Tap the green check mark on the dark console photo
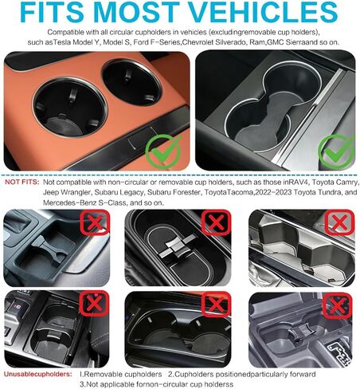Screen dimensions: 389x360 pos(335,148)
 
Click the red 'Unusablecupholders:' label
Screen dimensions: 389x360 pos(39,373)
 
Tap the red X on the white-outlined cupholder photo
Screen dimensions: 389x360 pos(216,223)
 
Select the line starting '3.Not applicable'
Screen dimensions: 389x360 pos(151,383)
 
